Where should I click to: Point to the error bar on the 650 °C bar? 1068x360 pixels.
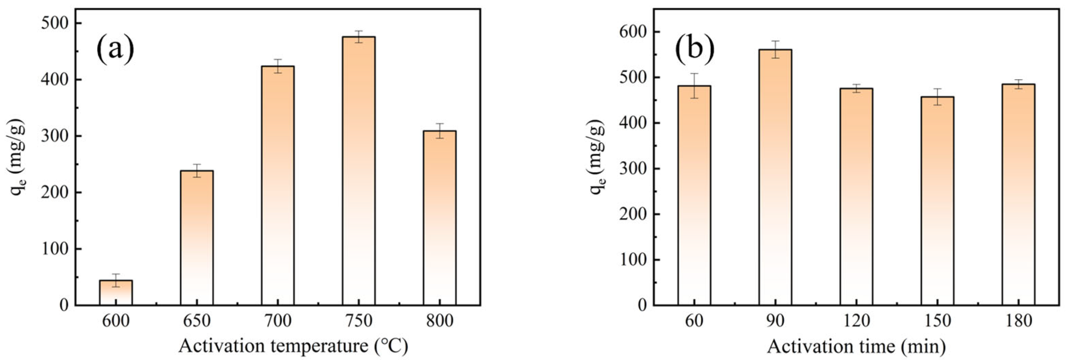click(x=197, y=171)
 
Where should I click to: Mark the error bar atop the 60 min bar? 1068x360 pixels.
click(x=694, y=86)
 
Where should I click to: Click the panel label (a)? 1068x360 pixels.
click(x=116, y=49)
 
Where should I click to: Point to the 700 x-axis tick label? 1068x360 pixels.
click(x=277, y=321)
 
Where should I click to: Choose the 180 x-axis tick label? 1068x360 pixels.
click(x=1018, y=321)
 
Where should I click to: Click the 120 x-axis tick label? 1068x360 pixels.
click(x=856, y=321)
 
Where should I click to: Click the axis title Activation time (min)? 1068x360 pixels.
click(x=856, y=346)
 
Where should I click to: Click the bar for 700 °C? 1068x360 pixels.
click(x=278, y=187)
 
